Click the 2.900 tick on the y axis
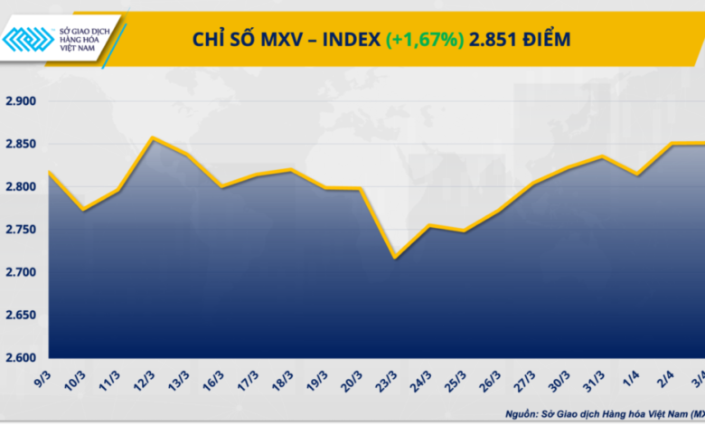[20, 101]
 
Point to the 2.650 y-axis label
[20, 316]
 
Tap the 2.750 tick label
[20, 230]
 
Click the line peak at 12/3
[152, 137]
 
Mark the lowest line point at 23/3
[394, 258]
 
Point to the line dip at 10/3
[83, 210]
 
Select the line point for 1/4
[640, 175]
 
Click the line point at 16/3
[221, 187]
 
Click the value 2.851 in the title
[491, 39]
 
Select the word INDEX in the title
[351, 39]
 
